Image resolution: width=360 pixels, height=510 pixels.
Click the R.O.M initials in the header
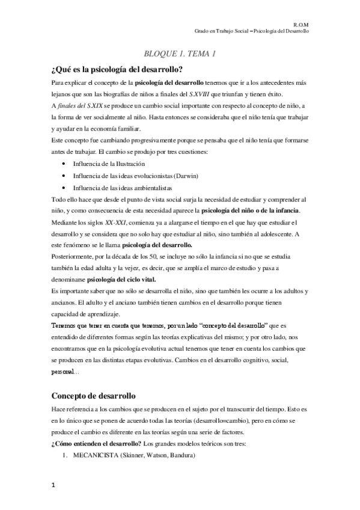pos(301,22)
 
